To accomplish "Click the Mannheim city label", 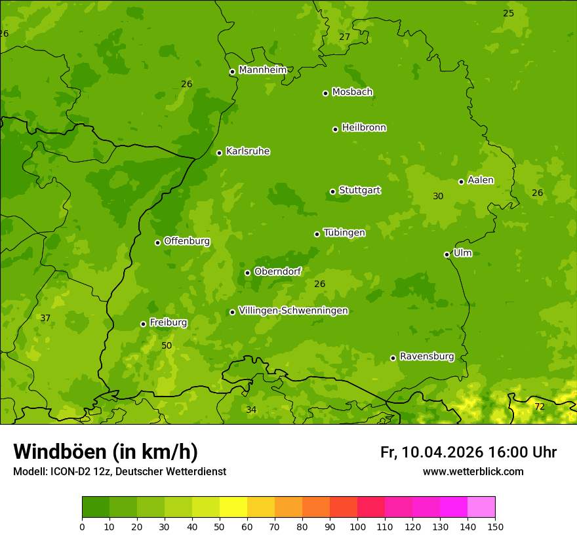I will click(262, 70).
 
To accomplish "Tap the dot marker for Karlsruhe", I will click(219, 153).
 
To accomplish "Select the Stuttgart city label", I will click(359, 191).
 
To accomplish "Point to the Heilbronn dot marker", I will click(335, 129).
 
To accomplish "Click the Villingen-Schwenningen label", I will click(293, 311).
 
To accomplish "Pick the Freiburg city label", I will click(168, 322).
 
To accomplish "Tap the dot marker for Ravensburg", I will click(393, 358).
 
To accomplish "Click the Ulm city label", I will click(462, 253).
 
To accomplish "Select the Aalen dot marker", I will click(461, 182).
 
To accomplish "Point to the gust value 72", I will click(539, 407).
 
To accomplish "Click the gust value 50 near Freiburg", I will click(167, 345).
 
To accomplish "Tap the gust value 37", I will click(45, 318).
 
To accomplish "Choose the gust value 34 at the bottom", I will click(251, 410).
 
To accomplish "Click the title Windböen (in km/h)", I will click(106, 452).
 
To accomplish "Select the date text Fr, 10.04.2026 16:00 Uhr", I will click(468, 452).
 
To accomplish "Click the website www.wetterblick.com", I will click(473, 472).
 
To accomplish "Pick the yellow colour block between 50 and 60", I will click(233, 507).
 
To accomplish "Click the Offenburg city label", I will click(187, 241).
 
